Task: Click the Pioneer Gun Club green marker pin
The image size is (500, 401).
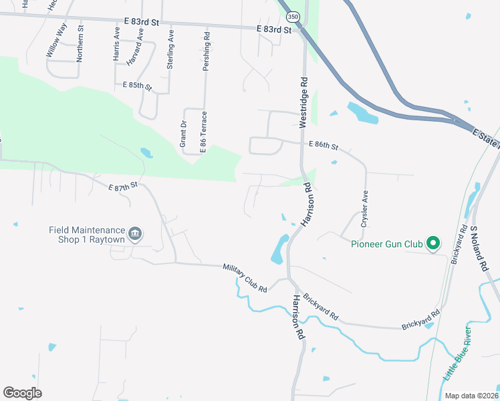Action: pos(433,243)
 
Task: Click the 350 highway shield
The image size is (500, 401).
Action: pos(292,16)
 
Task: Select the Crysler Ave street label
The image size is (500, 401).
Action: pos(365,210)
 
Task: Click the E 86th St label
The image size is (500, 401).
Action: pos(324,145)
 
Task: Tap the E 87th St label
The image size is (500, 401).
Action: pos(122,186)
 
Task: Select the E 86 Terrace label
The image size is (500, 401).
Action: pos(203,131)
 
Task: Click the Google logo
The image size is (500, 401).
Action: pos(22,393)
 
